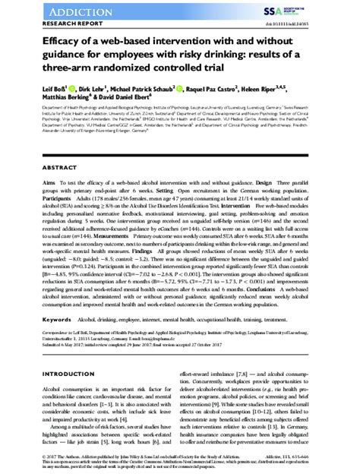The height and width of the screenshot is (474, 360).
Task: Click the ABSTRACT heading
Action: (x=35, y=167)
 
